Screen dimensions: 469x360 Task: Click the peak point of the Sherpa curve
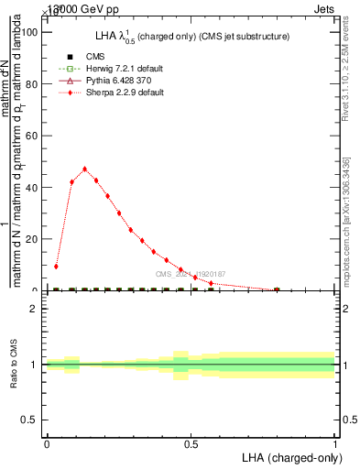click(x=84, y=169)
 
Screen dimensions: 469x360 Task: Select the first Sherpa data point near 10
click(x=56, y=267)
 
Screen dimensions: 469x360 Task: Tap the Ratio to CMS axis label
click(x=15, y=365)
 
